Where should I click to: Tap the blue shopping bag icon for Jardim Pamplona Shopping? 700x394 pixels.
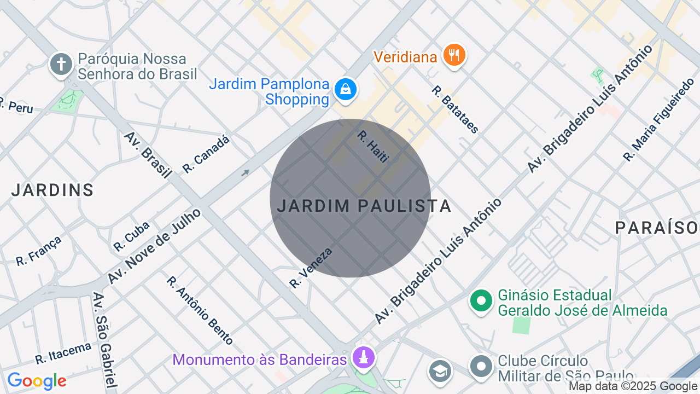pos(345,89)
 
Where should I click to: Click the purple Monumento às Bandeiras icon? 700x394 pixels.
pos(363,357)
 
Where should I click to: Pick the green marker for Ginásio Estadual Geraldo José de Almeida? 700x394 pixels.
pos(481,300)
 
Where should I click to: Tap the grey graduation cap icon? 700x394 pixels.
pos(440,370)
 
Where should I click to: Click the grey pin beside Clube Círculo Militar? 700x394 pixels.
pos(481,366)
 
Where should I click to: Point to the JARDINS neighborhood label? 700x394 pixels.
pos(52,190)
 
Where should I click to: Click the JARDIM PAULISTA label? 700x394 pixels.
pos(364,206)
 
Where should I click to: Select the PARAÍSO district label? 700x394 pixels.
pos(657,228)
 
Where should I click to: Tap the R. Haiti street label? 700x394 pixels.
pos(373,146)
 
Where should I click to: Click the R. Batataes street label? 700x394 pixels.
pos(455,109)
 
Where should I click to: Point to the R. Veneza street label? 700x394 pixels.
pos(311,268)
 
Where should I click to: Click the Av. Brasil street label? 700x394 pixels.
pos(148,155)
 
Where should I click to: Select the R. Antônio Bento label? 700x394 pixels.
pos(200,310)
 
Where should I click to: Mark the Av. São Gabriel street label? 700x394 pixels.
pos(104,339)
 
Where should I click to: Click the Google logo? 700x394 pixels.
pos(37,381)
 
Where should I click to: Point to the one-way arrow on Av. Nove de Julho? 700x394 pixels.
pos(246,173)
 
